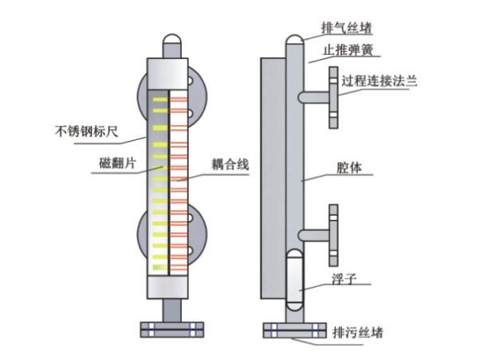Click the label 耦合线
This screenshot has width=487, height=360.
tap(230, 165)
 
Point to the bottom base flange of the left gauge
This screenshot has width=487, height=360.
tap(171, 328)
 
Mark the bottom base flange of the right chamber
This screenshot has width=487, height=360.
tap(294, 329)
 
